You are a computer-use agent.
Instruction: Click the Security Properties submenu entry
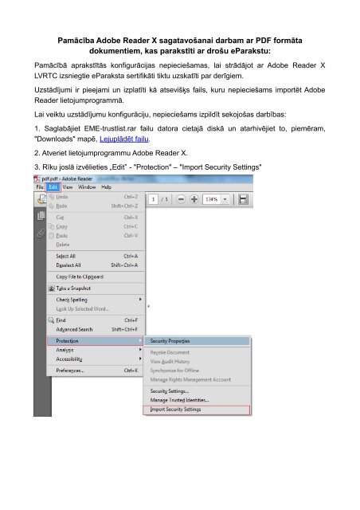170,341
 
